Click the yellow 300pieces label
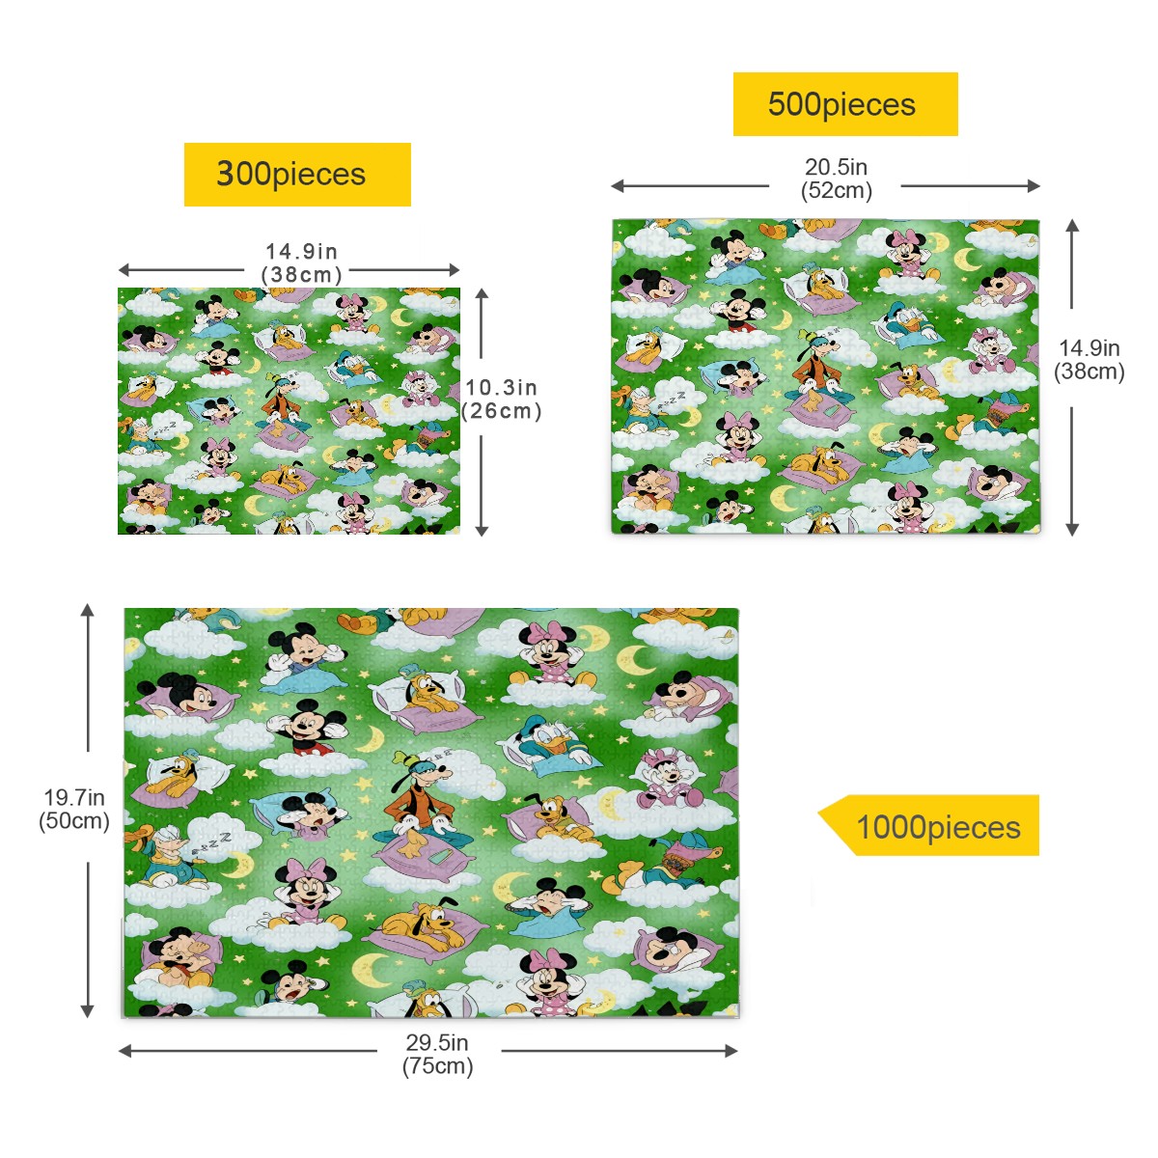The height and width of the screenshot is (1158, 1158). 297,175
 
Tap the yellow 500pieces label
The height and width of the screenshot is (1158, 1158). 845,104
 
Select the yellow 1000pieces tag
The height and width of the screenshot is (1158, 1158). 928,825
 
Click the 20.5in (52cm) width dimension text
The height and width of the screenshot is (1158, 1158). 836,179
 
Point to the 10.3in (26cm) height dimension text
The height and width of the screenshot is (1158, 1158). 502,399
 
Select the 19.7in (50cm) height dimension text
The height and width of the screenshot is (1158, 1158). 74,809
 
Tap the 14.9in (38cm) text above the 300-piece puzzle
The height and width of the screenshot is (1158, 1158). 302,262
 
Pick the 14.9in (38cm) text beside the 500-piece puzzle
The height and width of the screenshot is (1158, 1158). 1089,359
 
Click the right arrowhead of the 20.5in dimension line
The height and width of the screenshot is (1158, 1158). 1034,186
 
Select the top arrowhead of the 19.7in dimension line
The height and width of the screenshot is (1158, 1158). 88,610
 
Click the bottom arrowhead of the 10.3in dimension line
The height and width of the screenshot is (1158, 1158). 482,530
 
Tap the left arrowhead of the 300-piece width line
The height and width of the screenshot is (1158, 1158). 125,270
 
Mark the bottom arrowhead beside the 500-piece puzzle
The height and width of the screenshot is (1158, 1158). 1073,530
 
